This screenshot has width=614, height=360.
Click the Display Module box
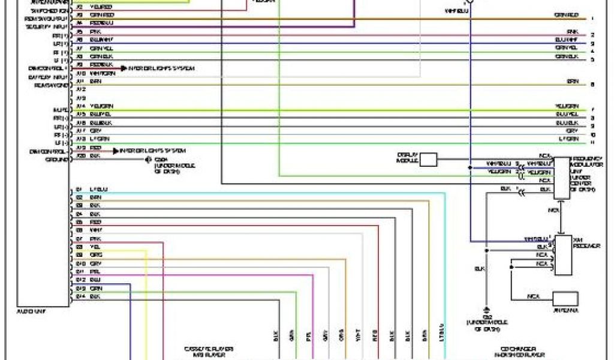click(x=428, y=159)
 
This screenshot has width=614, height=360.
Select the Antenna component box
click(x=565, y=298)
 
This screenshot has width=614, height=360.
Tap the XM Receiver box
click(x=562, y=255)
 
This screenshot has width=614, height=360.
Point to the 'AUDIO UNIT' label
click(x=33, y=311)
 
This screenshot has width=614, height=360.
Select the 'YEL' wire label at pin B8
click(x=95, y=247)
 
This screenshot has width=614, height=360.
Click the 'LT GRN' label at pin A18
click(x=98, y=139)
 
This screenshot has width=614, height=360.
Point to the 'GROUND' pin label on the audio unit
click(x=56, y=160)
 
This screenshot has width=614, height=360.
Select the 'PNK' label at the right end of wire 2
click(x=573, y=31)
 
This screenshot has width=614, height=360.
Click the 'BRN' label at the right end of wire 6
click(x=573, y=80)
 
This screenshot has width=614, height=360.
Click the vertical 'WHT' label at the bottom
click(x=358, y=338)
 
